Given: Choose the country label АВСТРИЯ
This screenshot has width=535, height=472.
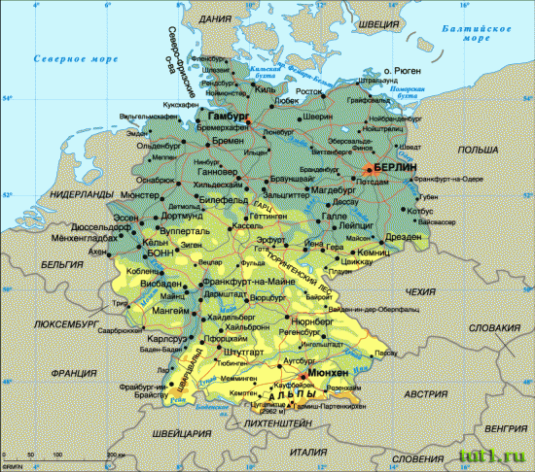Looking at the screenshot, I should point(426,393).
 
